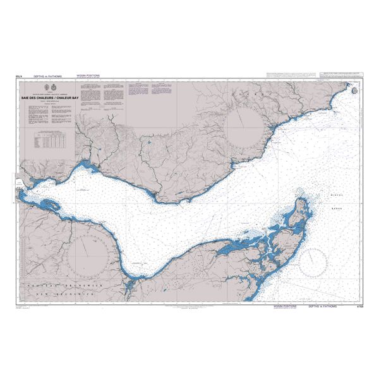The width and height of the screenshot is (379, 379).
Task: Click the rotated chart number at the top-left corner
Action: click(x=18, y=75)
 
